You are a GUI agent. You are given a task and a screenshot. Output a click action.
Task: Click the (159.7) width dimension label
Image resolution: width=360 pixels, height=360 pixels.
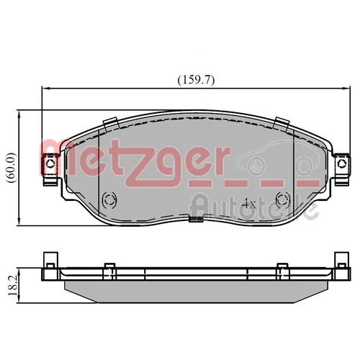tap(196, 80)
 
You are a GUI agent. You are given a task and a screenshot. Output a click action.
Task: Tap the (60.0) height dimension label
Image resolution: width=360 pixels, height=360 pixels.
tap(12, 168)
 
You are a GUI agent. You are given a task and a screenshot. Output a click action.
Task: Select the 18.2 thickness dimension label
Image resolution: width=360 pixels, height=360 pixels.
tap(12, 286)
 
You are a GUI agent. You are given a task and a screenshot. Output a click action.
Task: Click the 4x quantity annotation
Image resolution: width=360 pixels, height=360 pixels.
tap(249, 204)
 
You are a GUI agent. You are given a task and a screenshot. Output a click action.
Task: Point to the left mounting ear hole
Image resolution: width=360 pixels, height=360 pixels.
tap(50, 163)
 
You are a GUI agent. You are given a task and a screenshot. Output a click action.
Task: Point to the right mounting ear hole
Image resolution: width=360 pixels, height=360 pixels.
tap(341, 163)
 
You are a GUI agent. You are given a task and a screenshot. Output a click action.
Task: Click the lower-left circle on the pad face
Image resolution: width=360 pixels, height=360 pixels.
tap(109, 199)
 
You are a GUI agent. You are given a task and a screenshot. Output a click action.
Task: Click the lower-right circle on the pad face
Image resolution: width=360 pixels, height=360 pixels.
tap(283, 199)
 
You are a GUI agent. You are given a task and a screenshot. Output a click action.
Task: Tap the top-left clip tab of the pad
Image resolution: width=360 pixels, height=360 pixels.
tap(111, 124)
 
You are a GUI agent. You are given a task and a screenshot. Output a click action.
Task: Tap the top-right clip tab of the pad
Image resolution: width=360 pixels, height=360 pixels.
tap(282, 124)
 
